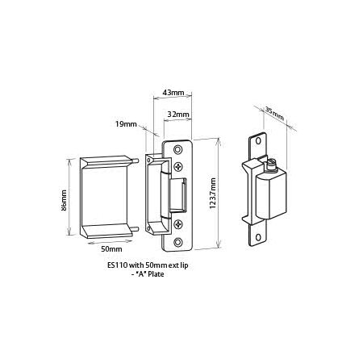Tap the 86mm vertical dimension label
pyautogui.click(x=63, y=195)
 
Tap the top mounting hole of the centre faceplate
pyautogui.click(x=177, y=150)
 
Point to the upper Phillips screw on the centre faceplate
pyautogui.click(x=177, y=167)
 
